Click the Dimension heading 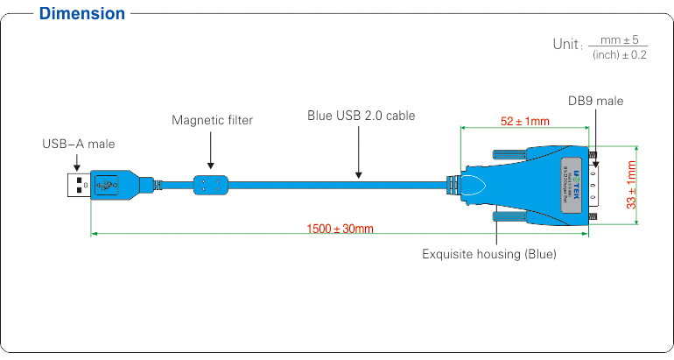(82, 13)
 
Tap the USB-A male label (79, 143)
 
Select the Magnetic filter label (212, 120)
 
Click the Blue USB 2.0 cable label (362, 115)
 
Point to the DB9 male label (595, 101)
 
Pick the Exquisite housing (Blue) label (489, 255)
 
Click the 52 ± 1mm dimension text (525, 121)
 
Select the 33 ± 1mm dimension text (631, 184)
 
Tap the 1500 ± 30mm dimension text (340, 229)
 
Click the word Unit (566, 44)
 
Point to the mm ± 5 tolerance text (619, 39)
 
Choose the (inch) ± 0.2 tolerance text (619, 54)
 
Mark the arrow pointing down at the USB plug (77, 162)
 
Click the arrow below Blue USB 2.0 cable (359, 153)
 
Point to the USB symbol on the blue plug (107, 185)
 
